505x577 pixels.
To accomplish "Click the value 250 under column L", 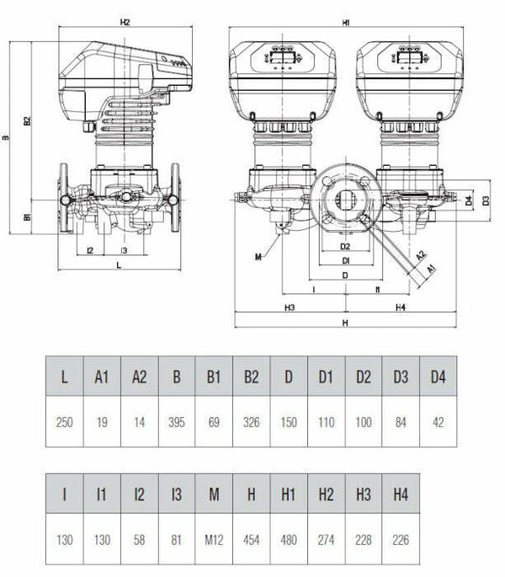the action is click(64, 422).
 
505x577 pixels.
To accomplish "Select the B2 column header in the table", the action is click(251, 377).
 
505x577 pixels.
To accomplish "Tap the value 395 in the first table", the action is click(177, 422).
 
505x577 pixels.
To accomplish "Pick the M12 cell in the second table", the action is click(214, 540).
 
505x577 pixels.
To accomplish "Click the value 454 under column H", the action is click(251, 540).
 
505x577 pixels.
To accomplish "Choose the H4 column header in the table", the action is click(401, 494).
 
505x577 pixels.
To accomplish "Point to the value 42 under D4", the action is click(438, 422).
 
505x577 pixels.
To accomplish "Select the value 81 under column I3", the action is click(177, 540).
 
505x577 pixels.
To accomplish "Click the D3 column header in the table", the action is click(401, 377).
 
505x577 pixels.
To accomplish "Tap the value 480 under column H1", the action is click(289, 540).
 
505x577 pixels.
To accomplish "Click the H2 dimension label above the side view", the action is click(125, 22).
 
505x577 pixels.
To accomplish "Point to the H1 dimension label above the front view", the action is click(346, 23).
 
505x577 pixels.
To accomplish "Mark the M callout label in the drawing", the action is click(258, 257).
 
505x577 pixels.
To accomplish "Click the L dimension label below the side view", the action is click(119, 265).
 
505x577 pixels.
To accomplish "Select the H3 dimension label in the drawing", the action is click(290, 307).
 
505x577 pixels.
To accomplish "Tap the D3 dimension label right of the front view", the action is click(486, 200).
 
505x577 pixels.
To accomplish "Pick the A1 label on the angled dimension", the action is click(432, 269).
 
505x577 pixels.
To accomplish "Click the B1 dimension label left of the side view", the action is click(27, 216).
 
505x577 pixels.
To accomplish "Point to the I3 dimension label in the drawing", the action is click(124, 251).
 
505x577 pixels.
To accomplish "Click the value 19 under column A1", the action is click(102, 422).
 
